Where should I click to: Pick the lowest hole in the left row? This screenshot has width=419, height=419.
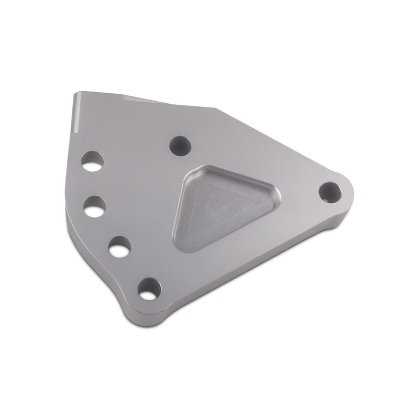(149, 288)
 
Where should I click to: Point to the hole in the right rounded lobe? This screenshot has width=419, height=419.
(329, 192)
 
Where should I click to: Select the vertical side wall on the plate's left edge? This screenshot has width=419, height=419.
(67, 220)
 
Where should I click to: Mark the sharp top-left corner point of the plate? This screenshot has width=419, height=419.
(74, 93)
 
